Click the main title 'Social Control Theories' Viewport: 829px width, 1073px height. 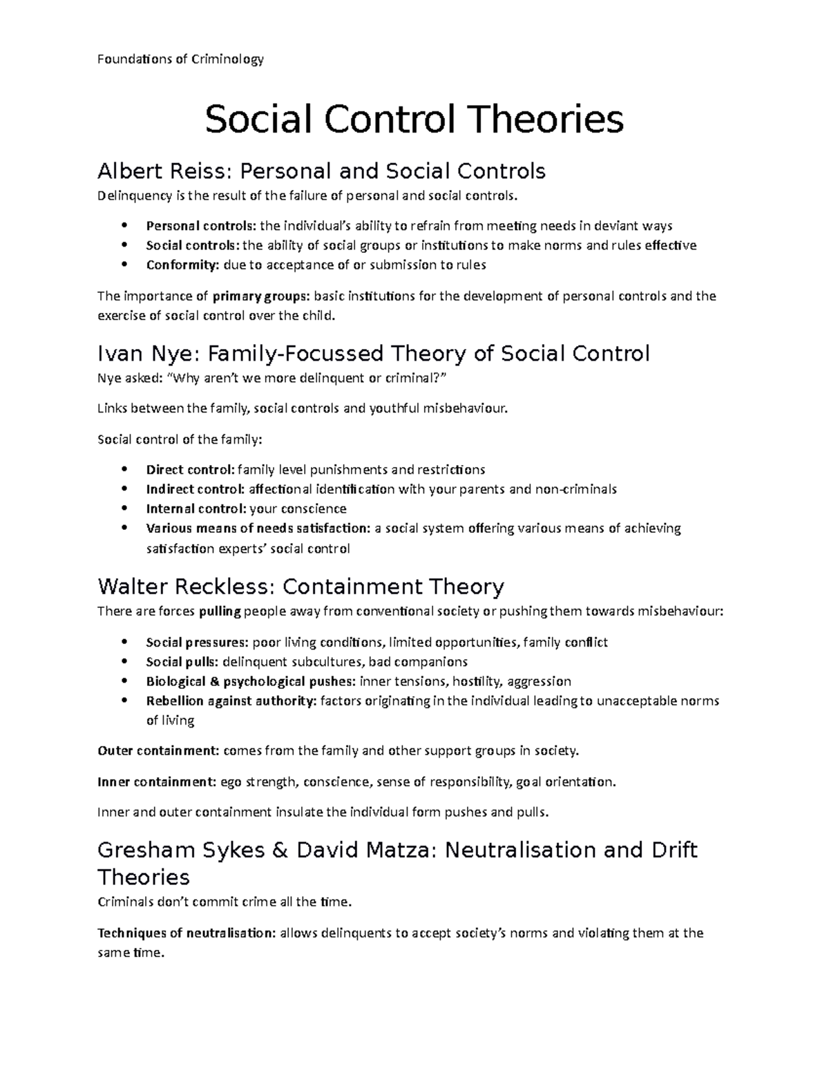point(414,119)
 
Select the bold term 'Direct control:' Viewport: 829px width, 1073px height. point(190,470)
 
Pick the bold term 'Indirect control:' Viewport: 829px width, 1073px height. point(196,489)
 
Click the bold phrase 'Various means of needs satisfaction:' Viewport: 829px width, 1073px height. point(258,529)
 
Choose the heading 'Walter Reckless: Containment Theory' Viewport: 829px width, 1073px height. point(301,587)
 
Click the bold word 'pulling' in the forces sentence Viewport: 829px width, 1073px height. point(220,611)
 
